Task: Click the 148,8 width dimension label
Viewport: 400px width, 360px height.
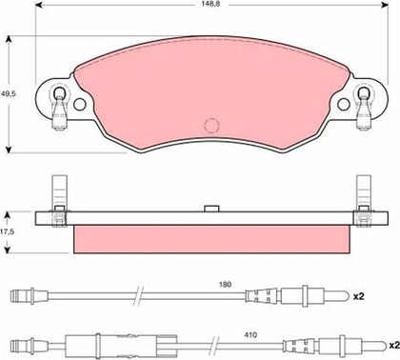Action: pyautogui.click(x=210, y=4)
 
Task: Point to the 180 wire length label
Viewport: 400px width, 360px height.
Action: pyautogui.click(x=225, y=285)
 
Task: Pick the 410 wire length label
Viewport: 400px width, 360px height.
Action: pyautogui.click(x=250, y=335)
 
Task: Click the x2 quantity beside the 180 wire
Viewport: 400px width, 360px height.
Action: pyautogui.click(x=359, y=296)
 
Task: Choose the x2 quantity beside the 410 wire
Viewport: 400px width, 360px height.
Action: pyautogui.click(x=394, y=345)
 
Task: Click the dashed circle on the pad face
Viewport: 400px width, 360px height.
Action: pyautogui.click(x=211, y=126)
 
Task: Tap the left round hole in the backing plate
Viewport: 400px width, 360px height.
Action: pyautogui.click(x=80, y=104)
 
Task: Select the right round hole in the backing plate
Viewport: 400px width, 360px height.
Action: pyautogui.click(x=344, y=104)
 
